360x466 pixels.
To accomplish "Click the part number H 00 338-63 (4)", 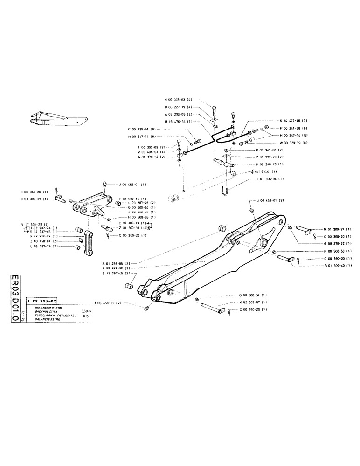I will click(178, 99).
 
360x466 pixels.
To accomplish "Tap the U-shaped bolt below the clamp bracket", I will click(223, 192).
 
